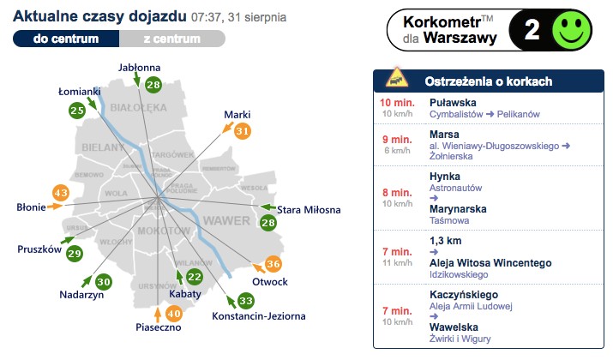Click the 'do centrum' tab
click(65, 39)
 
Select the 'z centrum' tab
click(171, 39)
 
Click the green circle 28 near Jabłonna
click(153, 84)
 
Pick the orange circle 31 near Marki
click(243, 131)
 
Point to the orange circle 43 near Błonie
click(61, 193)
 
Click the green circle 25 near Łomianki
click(77, 110)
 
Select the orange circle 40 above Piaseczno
click(173, 314)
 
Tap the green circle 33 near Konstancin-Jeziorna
click(246, 301)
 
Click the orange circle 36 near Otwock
click(273, 264)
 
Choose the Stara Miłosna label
click(310, 210)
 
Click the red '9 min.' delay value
click(397, 134)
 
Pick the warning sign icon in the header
click(396, 81)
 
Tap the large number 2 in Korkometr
click(532, 30)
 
